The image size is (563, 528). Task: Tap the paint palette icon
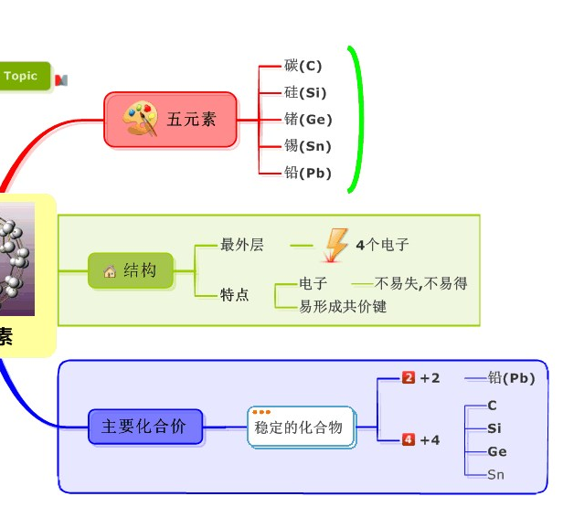tap(141, 119)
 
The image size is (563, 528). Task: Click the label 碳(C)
tap(303, 66)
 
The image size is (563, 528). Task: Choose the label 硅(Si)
tap(305, 92)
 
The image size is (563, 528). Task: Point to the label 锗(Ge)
tap(308, 119)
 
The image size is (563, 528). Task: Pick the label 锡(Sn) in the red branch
tap(308, 146)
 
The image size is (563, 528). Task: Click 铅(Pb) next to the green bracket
tap(308, 173)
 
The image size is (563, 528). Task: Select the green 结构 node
tap(131, 270)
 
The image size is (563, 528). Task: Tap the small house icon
tap(110, 271)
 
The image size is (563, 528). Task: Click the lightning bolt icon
tap(336, 245)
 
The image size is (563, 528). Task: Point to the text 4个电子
tap(382, 245)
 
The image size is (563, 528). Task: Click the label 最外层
tap(242, 245)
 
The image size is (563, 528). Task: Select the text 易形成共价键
tap(343, 306)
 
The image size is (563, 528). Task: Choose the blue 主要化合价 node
tap(144, 427)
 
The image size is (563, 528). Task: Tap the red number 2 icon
tap(409, 378)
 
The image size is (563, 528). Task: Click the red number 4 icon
tap(409, 439)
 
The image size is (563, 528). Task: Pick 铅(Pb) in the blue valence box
tap(511, 378)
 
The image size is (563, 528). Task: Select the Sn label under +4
tap(495, 474)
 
